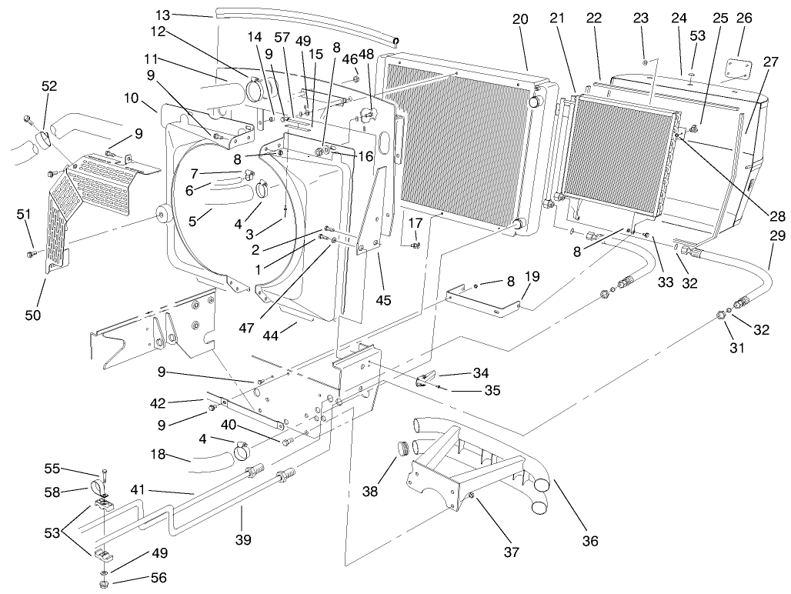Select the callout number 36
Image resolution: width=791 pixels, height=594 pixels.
(589, 541)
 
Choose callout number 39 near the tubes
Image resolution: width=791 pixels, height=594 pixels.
(243, 541)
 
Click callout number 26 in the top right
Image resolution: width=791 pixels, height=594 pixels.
(746, 18)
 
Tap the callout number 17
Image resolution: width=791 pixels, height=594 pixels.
(415, 223)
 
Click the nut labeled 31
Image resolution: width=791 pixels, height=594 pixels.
(722, 315)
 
